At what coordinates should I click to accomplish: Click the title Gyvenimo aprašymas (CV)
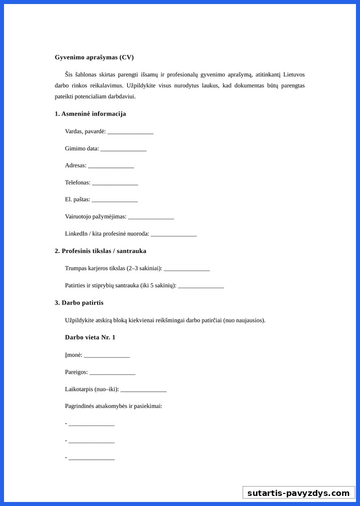click(x=94, y=57)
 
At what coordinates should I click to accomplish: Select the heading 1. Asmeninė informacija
click(x=91, y=114)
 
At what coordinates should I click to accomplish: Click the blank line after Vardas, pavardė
click(x=130, y=132)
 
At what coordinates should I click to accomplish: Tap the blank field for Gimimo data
click(x=123, y=149)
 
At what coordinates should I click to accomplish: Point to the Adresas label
click(x=75, y=165)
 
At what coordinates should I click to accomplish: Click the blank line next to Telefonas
click(x=115, y=183)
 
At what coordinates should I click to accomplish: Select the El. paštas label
click(x=77, y=200)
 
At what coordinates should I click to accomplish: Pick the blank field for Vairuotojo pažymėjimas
click(x=151, y=217)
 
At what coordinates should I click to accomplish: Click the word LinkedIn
click(x=76, y=234)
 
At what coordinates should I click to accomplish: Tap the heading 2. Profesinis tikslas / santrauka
click(x=101, y=251)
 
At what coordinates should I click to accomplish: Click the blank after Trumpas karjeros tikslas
click(x=187, y=269)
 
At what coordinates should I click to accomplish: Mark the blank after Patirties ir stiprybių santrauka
click(x=201, y=286)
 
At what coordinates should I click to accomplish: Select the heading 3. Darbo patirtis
click(x=79, y=303)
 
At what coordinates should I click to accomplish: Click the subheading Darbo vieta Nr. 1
click(x=90, y=338)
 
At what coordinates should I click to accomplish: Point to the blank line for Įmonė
click(x=107, y=356)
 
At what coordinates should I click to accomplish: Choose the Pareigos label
click(x=76, y=373)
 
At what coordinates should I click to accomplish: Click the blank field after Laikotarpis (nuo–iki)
click(x=143, y=390)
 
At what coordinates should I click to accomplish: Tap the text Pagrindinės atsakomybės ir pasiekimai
click(x=114, y=406)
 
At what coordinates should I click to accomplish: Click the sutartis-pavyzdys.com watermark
click(x=298, y=493)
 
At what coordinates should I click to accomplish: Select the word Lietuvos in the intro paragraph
click(x=294, y=74)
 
